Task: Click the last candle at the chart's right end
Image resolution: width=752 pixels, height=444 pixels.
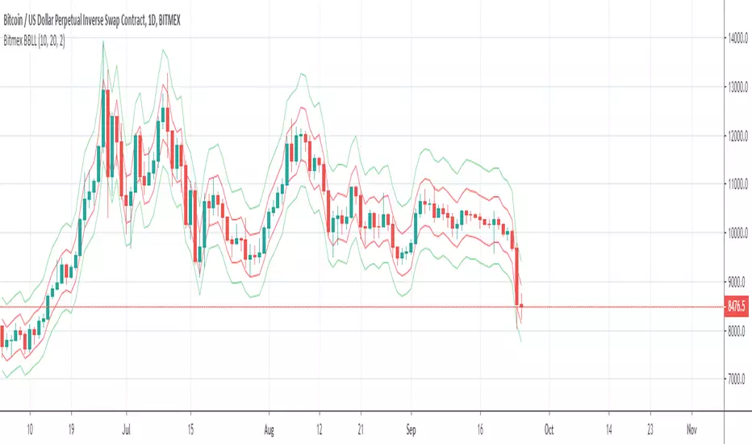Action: point(523,308)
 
